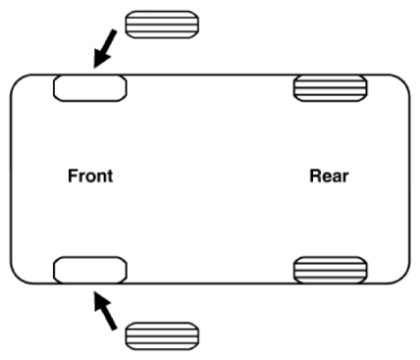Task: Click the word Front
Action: [90, 176]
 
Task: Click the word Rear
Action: [329, 176]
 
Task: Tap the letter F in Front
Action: [73, 176]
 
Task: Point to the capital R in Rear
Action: [315, 176]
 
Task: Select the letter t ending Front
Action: [110, 177]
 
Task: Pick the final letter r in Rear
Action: [345, 178]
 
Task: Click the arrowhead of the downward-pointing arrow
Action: [101, 59]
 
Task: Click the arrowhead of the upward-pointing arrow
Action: [101, 301]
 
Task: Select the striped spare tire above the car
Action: [162, 25]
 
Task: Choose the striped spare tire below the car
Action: [162, 335]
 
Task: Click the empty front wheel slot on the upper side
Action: [90, 88]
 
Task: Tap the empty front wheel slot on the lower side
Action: [90, 270]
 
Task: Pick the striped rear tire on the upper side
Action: [330, 88]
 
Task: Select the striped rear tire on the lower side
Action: [330, 270]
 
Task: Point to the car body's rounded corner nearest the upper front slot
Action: [17, 81]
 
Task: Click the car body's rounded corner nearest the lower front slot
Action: [17, 277]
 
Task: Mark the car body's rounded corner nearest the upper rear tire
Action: [403, 81]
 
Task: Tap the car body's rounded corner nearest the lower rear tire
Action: [403, 277]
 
